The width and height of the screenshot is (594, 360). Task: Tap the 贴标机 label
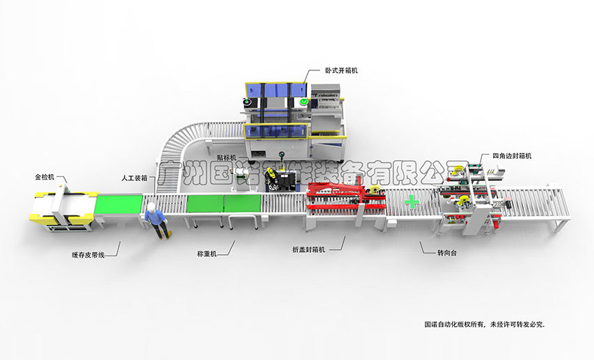coord(226,158)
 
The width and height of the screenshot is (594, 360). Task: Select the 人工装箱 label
coord(133,178)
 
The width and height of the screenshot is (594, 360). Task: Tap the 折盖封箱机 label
coord(309,249)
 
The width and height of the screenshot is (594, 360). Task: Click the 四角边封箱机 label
coord(512,156)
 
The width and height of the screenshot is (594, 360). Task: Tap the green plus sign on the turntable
coord(413,203)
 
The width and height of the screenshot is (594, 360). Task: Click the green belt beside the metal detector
coord(117,203)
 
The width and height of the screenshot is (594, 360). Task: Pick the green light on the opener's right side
coord(304,102)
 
